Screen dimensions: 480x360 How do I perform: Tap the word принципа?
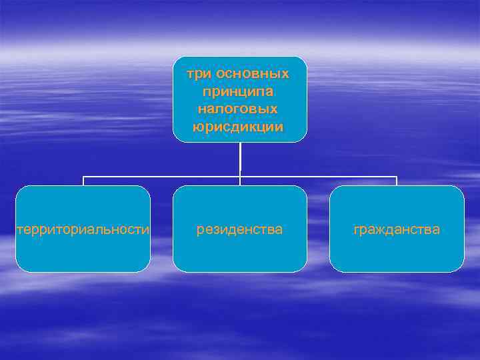(x=239, y=90)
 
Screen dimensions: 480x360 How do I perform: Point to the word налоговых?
(x=239, y=107)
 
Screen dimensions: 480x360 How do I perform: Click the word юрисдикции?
(x=239, y=125)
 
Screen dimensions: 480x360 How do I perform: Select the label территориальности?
(x=83, y=229)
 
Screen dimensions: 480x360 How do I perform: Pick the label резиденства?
(x=239, y=229)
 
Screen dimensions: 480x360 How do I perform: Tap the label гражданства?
(x=397, y=229)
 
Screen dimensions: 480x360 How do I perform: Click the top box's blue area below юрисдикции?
(x=239, y=136)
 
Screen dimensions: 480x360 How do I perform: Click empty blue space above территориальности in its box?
(x=83, y=203)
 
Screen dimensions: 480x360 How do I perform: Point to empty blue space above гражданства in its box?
(x=397, y=203)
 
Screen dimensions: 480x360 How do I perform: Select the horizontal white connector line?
(x=160, y=177)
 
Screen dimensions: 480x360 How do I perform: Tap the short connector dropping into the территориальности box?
(x=83, y=181)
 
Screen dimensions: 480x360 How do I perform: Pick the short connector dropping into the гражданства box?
(x=397, y=181)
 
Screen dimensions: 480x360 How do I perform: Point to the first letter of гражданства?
(x=357, y=230)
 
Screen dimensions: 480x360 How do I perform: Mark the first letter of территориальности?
(x=19, y=230)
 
